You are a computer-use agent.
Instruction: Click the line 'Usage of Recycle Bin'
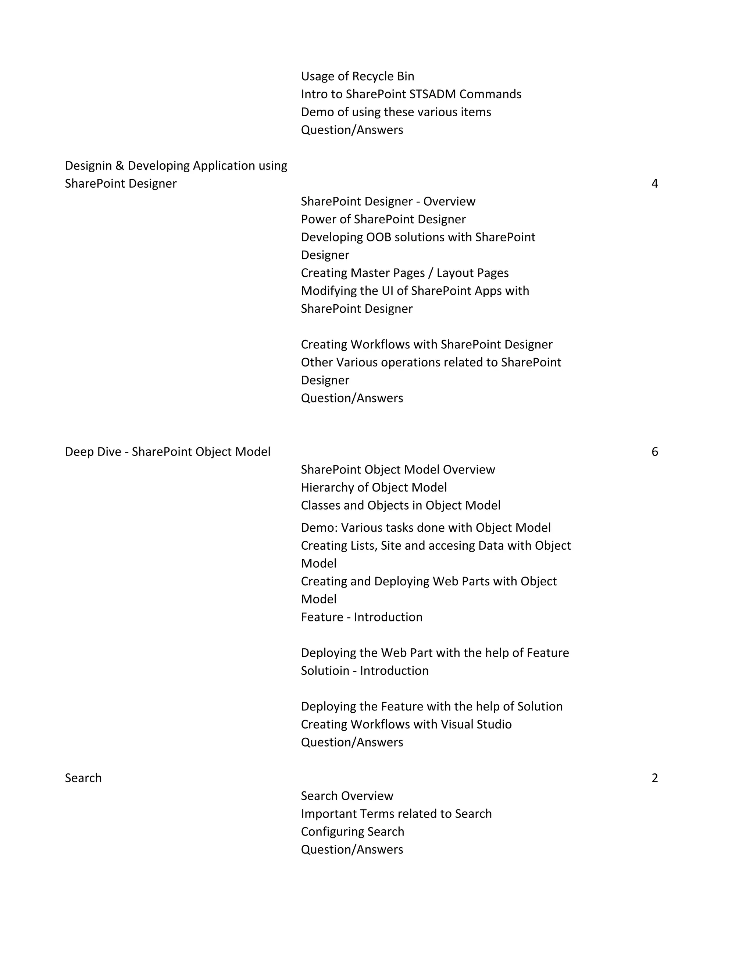point(357,76)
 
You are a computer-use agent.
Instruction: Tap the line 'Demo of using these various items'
point(396,112)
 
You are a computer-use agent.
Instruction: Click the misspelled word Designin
point(88,166)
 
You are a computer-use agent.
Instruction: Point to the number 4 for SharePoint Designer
point(654,184)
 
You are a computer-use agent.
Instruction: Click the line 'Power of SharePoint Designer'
point(383,219)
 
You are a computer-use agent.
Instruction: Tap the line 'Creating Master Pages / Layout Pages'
point(404,273)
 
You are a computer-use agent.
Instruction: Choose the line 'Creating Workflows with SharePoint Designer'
point(427,344)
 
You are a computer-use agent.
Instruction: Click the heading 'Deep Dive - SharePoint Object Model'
point(168,452)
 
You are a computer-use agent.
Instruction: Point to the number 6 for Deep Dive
point(654,452)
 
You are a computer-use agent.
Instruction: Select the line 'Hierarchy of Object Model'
point(374,487)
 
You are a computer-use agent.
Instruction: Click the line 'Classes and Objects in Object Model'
point(401,506)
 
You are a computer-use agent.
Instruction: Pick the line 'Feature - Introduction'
point(361,617)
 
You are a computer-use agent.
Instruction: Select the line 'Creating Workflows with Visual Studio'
point(406,724)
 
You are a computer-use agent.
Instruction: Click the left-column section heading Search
point(83,778)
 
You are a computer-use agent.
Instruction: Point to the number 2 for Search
point(654,778)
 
